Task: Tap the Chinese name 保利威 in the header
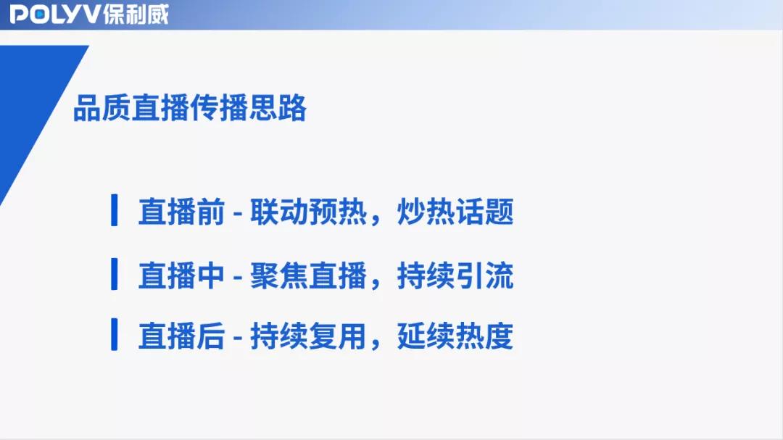point(136,14)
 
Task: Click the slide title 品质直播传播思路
point(190,108)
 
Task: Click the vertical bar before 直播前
point(114,210)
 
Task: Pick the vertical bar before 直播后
point(114,334)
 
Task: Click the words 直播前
point(181,212)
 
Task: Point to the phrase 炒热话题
point(455,212)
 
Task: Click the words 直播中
point(181,275)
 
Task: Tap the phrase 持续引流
point(455,275)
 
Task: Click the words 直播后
point(181,336)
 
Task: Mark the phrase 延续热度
point(455,336)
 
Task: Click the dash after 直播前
point(238,213)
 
